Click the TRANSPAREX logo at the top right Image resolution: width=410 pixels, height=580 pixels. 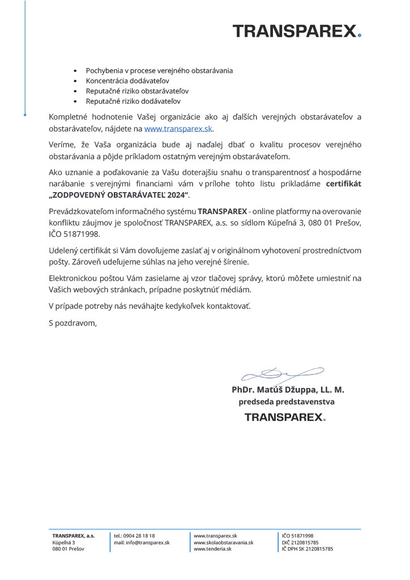tap(296, 31)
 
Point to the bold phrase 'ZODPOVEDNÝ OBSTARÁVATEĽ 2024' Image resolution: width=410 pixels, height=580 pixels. tap(119, 195)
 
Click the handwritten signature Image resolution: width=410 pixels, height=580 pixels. tap(281, 374)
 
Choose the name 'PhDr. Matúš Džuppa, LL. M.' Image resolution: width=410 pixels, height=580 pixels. tap(288, 390)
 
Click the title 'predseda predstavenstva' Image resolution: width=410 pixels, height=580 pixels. tap(287, 402)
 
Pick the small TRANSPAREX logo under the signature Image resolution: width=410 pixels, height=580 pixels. tap(285, 417)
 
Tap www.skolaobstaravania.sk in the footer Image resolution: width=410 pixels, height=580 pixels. tap(223, 542)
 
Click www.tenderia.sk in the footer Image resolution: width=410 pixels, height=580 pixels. tap(213, 549)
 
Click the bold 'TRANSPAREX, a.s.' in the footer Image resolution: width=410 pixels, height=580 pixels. tap(73, 535)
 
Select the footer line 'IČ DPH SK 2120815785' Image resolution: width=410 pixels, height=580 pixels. tap(308, 549)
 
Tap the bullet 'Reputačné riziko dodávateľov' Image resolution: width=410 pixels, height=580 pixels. tap(133, 101)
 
